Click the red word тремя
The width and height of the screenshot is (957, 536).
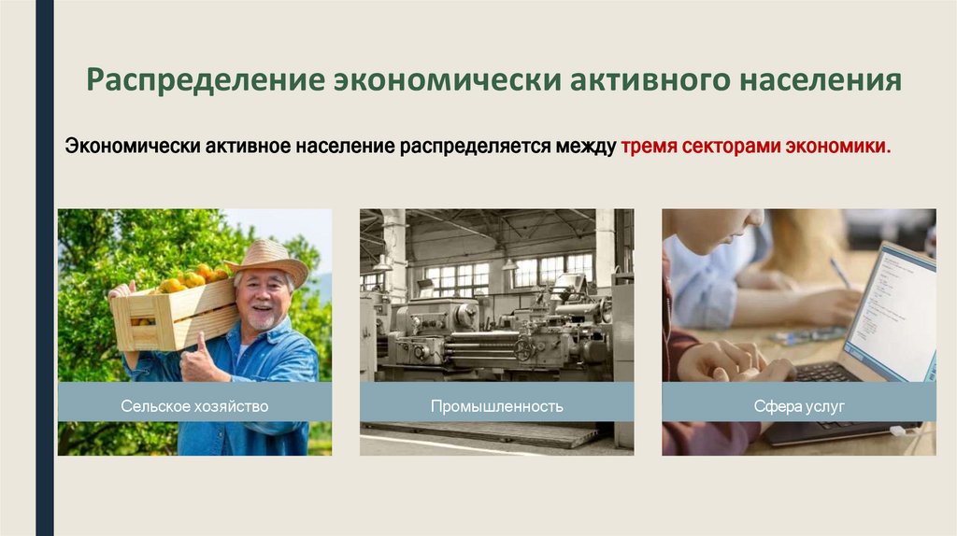tap(650, 147)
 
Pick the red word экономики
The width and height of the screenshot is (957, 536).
tap(838, 147)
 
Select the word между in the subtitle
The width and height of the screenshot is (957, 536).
tap(582, 147)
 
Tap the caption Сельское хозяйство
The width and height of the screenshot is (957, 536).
tap(194, 406)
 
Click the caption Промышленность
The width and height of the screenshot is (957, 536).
tap(496, 406)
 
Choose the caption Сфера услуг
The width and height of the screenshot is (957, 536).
tap(799, 406)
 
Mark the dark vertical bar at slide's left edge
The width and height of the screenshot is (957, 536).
tap(44, 268)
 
